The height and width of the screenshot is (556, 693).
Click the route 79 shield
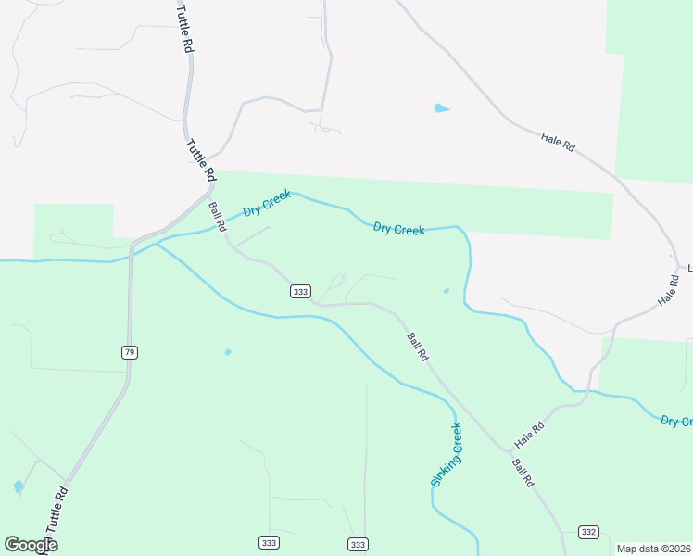(129, 351)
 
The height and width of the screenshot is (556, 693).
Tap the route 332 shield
(588, 531)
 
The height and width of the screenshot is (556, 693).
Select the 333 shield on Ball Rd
(299, 291)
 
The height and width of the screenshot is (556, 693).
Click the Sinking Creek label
(446, 455)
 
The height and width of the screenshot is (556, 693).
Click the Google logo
(31, 545)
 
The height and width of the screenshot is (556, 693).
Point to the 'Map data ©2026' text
(653, 549)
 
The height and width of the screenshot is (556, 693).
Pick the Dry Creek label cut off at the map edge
(676, 422)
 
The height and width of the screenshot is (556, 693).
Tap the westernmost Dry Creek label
(267, 203)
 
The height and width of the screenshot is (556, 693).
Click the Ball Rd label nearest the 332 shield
(523, 473)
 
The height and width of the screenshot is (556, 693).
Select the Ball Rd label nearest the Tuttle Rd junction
(218, 217)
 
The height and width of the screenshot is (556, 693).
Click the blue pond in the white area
(441, 108)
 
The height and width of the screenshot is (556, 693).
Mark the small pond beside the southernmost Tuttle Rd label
(19, 486)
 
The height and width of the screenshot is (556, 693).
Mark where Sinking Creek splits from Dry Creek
(158, 244)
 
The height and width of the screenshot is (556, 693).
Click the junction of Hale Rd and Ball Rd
(508, 450)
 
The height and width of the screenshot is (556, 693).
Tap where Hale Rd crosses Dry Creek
(589, 390)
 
